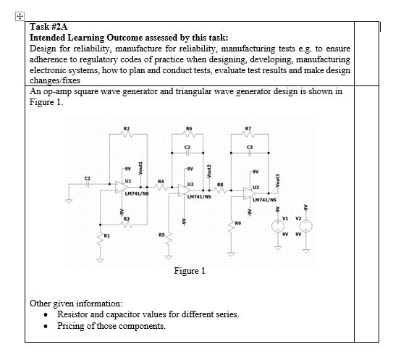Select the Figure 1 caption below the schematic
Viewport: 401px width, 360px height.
pyautogui.click(x=190, y=271)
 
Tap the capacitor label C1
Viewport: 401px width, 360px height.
pyautogui.click(x=88, y=176)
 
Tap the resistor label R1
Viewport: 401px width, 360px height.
pyautogui.click(x=107, y=235)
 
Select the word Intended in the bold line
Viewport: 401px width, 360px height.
pyautogui.click(x=48, y=37)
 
